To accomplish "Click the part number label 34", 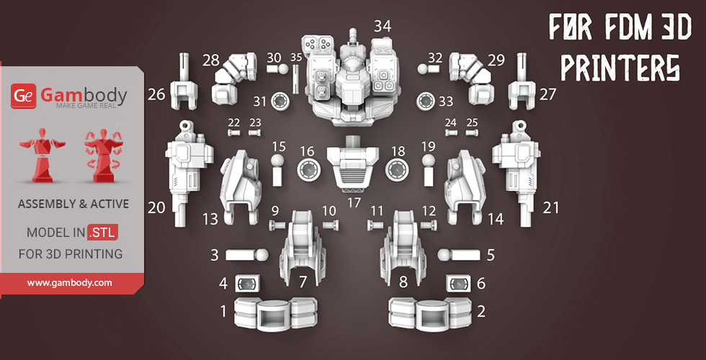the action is (x=383, y=27).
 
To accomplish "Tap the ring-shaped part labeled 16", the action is (x=308, y=170).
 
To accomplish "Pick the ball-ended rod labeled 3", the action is (x=246, y=255).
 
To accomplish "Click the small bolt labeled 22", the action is (x=233, y=132).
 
